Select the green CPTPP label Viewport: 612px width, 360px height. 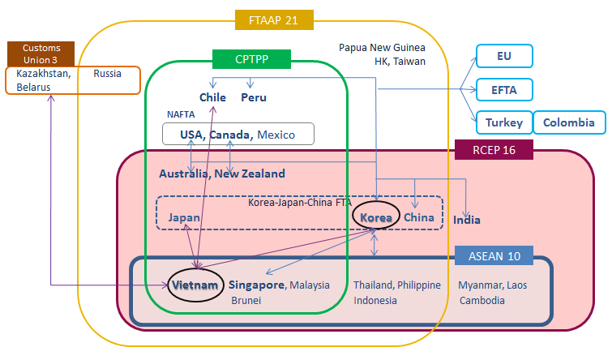(250, 58)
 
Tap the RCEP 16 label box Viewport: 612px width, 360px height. (492, 149)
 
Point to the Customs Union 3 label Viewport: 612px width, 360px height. (41, 54)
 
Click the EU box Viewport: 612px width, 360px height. (504, 56)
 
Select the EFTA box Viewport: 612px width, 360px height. (504, 89)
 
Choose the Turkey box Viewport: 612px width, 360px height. (504, 123)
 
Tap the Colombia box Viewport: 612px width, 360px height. (569, 123)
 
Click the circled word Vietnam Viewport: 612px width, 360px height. (195, 285)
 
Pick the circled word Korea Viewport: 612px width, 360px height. (376, 218)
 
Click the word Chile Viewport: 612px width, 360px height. (212, 98)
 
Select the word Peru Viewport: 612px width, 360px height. (254, 98)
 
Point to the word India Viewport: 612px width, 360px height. (467, 220)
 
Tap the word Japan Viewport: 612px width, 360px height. (184, 218)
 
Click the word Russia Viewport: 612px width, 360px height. (107, 73)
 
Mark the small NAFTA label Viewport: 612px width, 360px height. (180, 115)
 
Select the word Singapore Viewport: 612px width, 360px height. (256, 285)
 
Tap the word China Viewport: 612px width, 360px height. (419, 218)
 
